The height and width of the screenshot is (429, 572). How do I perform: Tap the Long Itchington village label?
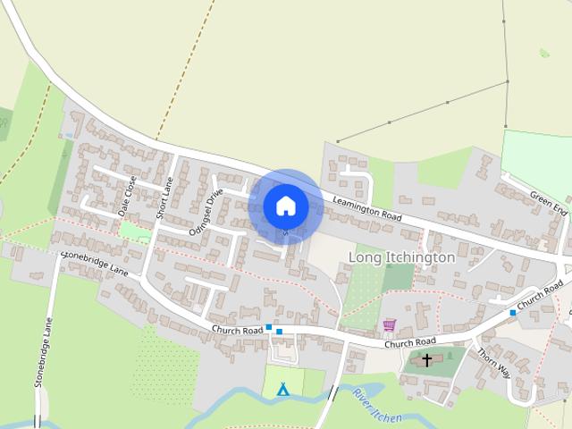401,257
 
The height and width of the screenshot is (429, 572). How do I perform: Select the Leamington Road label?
366,208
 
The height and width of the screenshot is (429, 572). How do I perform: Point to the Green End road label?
548,204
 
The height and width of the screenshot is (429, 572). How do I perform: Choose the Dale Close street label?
128,196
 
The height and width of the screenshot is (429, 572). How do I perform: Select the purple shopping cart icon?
389,325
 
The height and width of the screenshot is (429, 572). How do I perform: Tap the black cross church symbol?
427,361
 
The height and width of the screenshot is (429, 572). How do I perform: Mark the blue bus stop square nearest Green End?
513,313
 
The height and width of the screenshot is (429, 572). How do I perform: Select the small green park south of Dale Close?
135,231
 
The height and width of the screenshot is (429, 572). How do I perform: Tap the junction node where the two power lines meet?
508,81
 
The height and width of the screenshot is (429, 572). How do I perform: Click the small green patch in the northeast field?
544,53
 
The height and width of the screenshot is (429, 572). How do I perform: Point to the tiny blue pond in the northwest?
69,135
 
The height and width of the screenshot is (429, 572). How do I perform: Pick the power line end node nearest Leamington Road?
337,141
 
